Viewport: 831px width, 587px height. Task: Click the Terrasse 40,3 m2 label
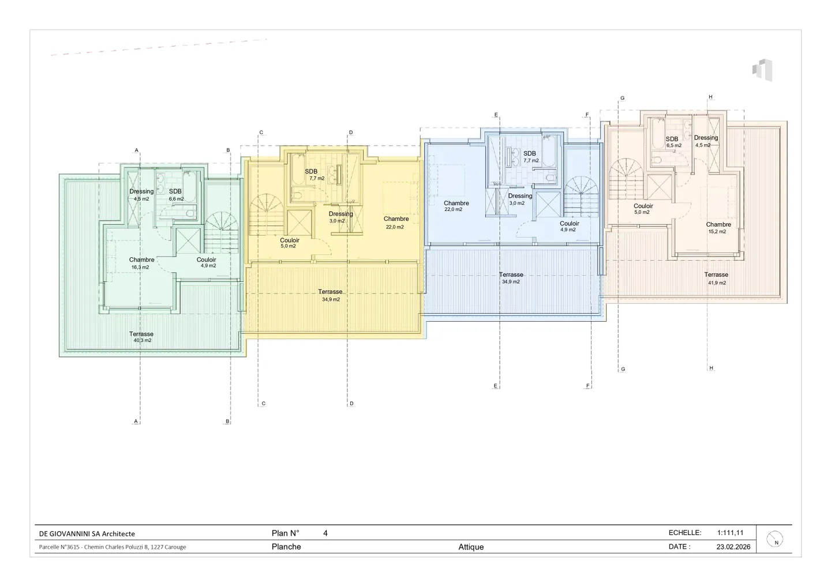coord(141,337)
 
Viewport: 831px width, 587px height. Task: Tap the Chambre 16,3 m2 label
coord(141,263)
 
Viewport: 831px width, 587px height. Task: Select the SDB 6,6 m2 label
coord(175,195)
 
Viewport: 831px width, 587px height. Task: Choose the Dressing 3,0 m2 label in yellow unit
coord(340,217)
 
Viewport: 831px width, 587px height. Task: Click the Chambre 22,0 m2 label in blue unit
coord(456,206)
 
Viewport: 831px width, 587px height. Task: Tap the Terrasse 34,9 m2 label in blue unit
coord(511,278)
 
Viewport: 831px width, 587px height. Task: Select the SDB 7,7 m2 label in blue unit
coord(530,157)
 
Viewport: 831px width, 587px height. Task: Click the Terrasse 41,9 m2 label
coord(716,279)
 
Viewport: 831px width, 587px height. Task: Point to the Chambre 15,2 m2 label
coord(718,228)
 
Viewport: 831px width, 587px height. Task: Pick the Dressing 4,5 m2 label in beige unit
coord(706,141)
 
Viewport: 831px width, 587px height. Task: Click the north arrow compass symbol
coord(776,539)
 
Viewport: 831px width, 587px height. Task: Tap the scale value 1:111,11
coord(730,533)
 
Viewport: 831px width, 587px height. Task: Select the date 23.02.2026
coord(733,547)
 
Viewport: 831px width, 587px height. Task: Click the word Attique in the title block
coord(471,547)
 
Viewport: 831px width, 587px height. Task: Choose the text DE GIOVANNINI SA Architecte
coord(87,533)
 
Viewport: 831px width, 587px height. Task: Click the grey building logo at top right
coord(762,70)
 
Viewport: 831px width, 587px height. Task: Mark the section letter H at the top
coord(710,97)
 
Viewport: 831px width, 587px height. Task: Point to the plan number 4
coord(325,533)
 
